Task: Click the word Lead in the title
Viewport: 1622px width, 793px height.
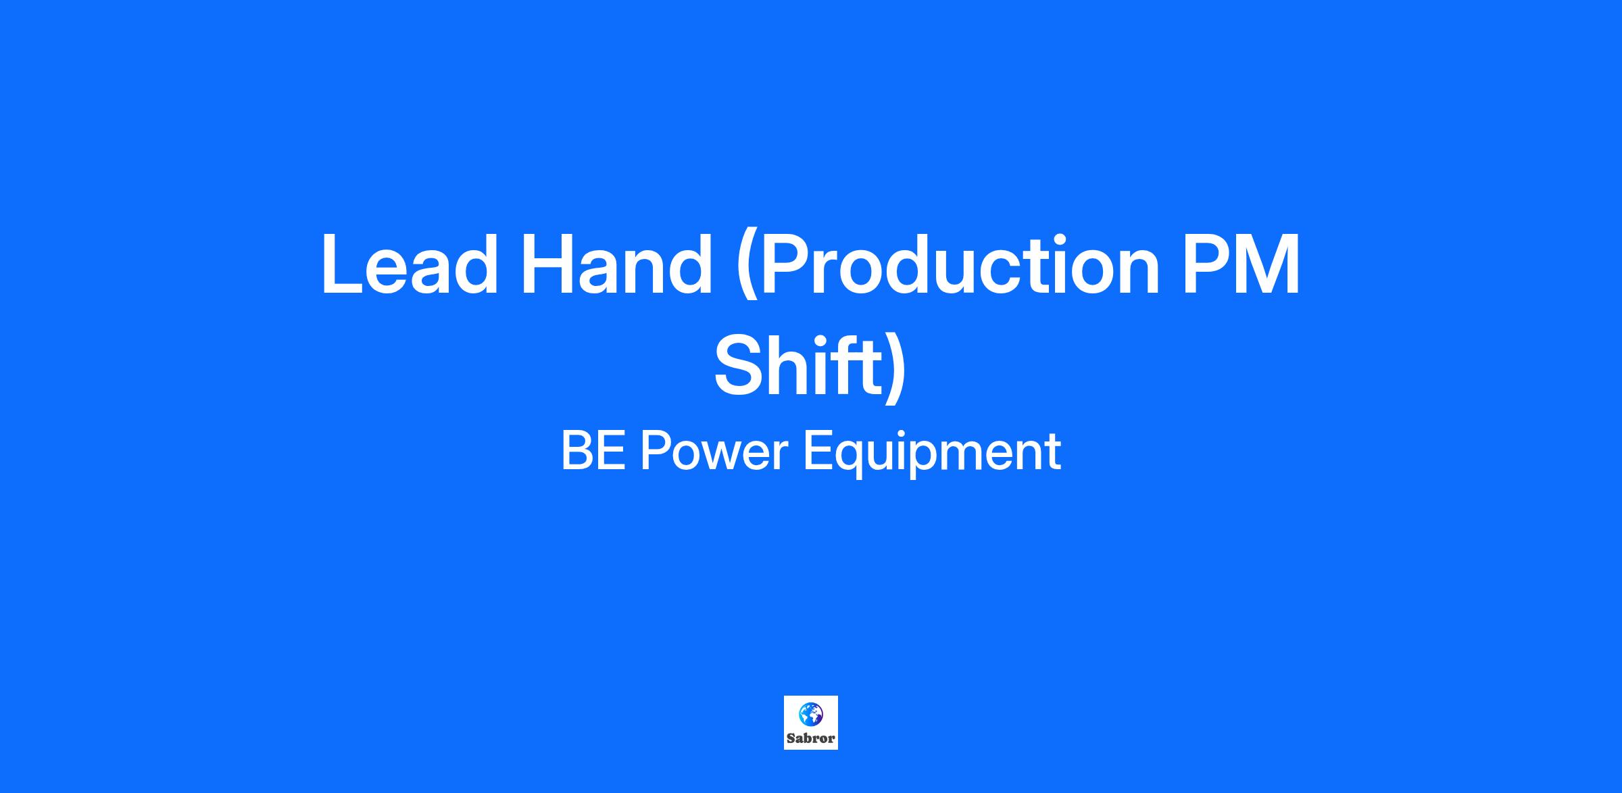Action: (410, 264)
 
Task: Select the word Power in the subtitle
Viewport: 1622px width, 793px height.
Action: (714, 451)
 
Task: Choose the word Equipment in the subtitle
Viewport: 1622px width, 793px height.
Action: (932, 454)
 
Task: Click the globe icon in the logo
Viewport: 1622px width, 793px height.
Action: (810, 714)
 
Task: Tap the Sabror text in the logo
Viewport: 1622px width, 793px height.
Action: (810, 738)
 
